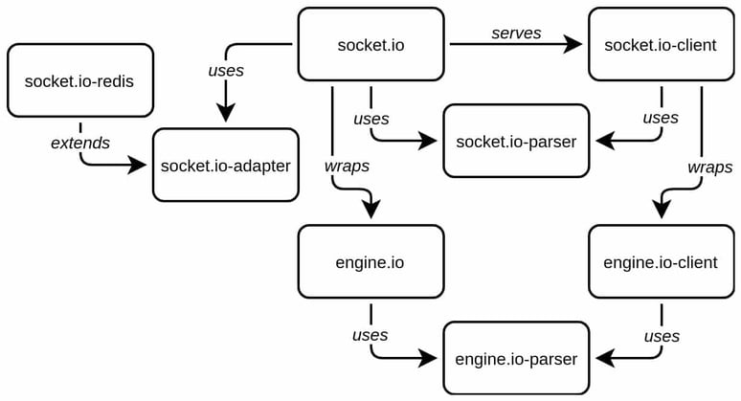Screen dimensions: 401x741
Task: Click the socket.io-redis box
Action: click(x=79, y=79)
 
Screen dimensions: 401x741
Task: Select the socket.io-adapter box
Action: click(x=226, y=166)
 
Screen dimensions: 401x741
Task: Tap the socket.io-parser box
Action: click(x=516, y=141)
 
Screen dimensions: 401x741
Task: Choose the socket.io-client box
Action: click(x=661, y=44)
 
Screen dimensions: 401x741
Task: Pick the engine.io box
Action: click(x=370, y=261)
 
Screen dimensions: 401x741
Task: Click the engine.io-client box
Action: click(x=661, y=261)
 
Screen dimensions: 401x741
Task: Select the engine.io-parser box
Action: click(x=516, y=359)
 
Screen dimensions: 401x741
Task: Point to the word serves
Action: click(x=516, y=33)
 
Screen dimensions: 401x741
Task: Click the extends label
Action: click(x=80, y=143)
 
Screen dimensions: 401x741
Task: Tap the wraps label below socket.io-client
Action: click(x=709, y=167)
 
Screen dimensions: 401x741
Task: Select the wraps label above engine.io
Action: click(x=346, y=165)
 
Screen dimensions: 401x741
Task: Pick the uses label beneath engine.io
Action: click(x=370, y=334)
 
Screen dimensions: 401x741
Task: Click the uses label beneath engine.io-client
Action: click(x=662, y=336)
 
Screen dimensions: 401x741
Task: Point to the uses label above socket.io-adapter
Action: click(x=226, y=71)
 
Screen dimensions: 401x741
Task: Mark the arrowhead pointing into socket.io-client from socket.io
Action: click(x=573, y=43)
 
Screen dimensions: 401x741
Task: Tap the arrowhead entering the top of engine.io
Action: click(x=370, y=211)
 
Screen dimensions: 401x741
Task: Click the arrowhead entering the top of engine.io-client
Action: click(x=662, y=211)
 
